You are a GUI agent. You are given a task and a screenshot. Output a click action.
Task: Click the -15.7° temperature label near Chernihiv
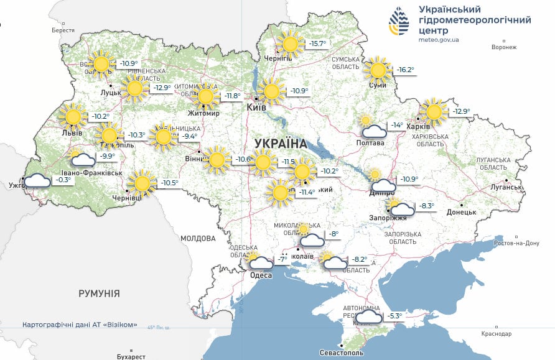click(317, 44)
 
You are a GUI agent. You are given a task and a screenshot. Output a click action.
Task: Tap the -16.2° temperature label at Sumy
click(405, 70)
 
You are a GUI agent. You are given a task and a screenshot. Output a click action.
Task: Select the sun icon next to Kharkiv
click(434, 111)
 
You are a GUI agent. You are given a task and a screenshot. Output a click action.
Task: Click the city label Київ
click(256, 108)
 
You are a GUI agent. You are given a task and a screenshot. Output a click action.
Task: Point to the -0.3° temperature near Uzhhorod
click(63, 180)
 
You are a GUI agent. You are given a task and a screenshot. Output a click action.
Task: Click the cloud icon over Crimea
click(369, 317)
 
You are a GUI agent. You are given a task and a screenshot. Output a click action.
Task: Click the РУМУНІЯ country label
click(99, 293)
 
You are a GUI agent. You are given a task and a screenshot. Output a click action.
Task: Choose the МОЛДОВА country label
click(197, 238)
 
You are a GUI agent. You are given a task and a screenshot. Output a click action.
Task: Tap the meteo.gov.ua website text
click(439, 40)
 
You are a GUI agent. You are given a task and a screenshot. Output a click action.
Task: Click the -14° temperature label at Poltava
click(396, 125)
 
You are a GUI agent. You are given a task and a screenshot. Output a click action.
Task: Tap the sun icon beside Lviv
click(73, 116)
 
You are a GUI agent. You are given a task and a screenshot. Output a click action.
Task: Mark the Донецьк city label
click(460, 212)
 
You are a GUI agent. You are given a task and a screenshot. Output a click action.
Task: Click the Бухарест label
click(131, 356)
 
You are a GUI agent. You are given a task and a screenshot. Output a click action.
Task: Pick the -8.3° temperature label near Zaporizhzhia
click(425, 206)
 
